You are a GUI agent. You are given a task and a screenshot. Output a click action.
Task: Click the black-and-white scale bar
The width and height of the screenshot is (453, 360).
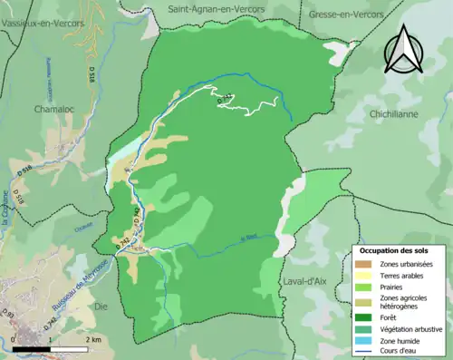click(x=44, y=348)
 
